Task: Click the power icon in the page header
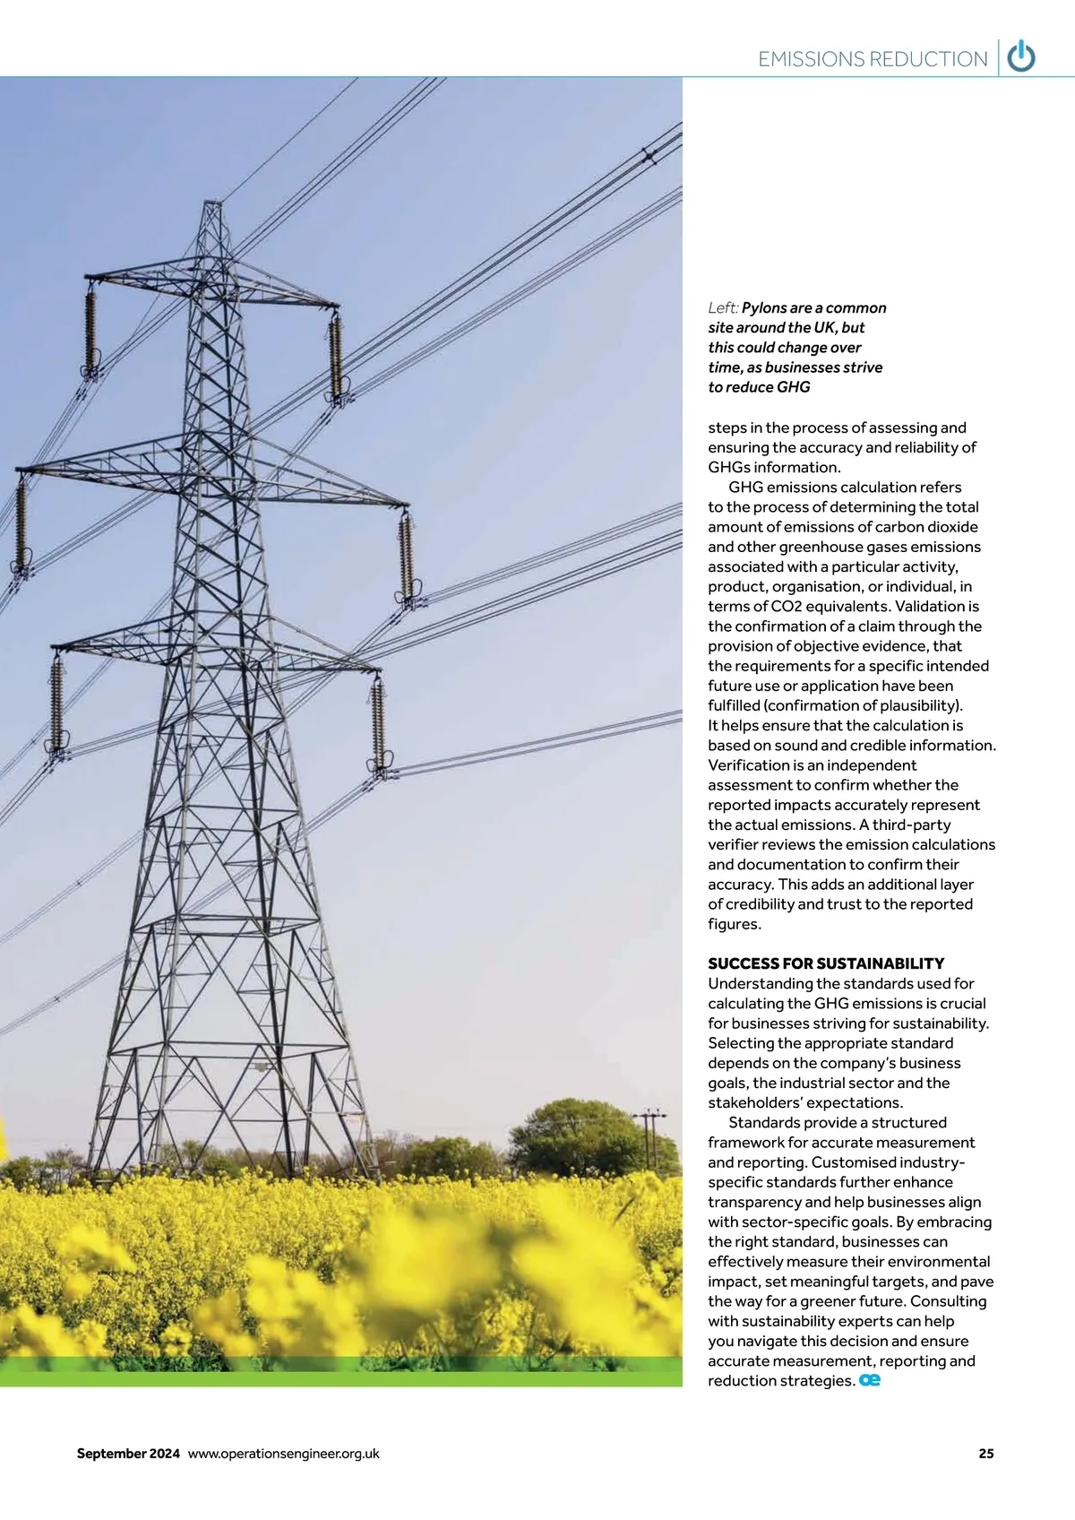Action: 1021,57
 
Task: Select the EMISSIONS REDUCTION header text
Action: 872,59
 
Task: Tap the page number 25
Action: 985,1454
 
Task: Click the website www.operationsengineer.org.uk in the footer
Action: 283,1454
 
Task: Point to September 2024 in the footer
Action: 128,1454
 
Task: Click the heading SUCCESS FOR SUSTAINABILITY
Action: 826,963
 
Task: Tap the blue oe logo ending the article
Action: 870,1381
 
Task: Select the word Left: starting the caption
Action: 723,308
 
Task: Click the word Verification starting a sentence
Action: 749,765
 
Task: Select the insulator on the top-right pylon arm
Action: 336,357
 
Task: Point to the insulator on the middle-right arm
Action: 406,556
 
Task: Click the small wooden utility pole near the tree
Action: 650,1136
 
